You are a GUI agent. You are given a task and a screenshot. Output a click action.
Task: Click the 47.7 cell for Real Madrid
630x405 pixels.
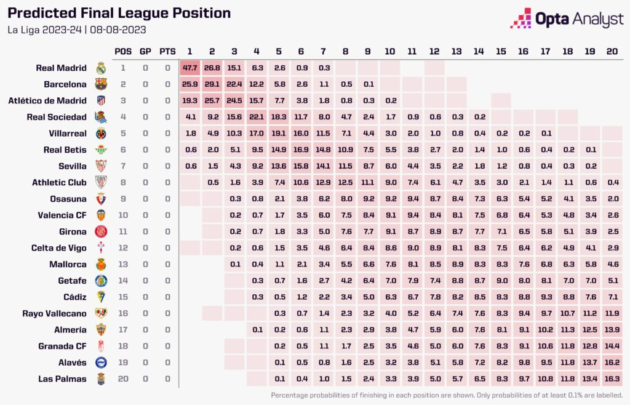click(x=189, y=68)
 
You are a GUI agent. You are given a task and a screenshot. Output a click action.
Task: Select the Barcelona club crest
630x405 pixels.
click(x=101, y=84)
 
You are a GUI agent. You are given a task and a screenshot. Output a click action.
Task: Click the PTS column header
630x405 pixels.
click(x=167, y=51)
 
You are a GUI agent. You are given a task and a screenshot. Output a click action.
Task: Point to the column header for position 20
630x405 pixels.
click(x=612, y=51)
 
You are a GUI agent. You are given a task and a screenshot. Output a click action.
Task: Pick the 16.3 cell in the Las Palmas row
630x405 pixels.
click(x=612, y=379)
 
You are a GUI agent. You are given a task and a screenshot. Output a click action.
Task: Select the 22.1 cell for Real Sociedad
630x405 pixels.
click(x=256, y=117)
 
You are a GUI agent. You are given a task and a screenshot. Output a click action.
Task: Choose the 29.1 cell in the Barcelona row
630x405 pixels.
click(x=212, y=84)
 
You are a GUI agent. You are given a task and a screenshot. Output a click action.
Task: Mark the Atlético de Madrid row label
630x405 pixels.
click(x=49, y=100)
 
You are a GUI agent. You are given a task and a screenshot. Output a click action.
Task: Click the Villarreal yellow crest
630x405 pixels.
click(x=101, y=133)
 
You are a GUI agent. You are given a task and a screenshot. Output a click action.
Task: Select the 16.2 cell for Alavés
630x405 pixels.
click(x=612, y=363)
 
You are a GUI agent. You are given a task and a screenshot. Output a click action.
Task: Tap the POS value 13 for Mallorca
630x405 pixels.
click(x=123, y=264)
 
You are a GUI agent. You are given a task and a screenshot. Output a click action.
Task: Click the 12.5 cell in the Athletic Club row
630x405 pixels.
click(x=345, y=182)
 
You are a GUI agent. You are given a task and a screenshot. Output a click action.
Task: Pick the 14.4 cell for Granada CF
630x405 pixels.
click(x=612, y=346)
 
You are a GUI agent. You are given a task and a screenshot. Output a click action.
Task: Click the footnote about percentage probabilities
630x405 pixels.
click(x=447, y=395)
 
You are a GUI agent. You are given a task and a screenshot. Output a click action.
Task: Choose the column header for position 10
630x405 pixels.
click(x=389, y=51)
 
